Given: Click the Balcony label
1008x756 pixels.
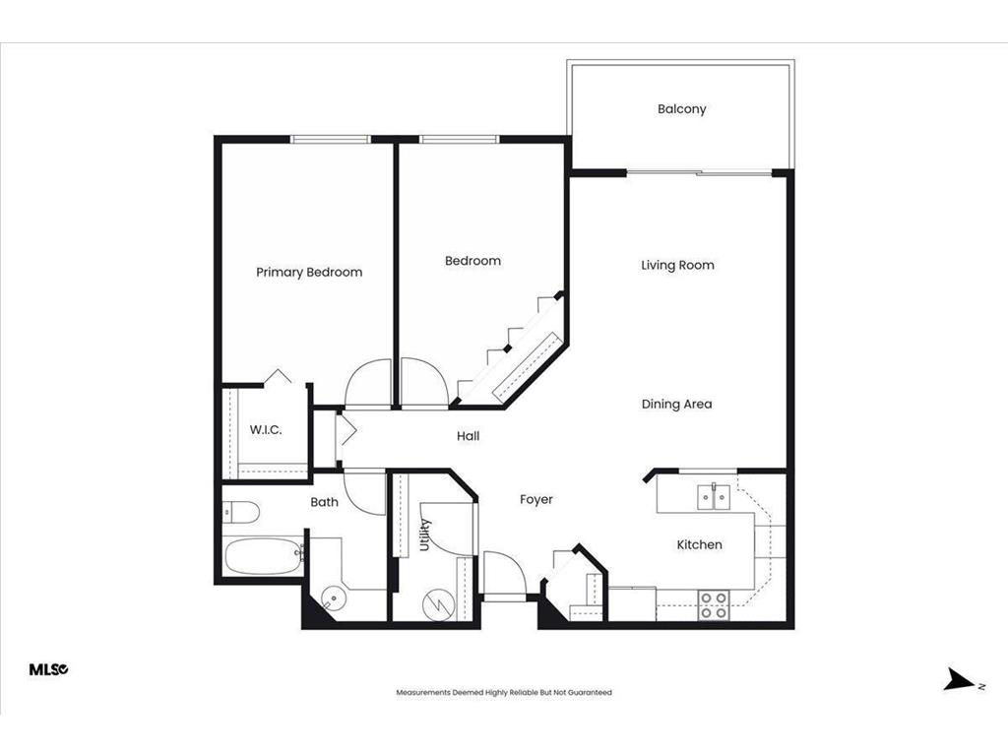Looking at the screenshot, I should (x=681, y=109).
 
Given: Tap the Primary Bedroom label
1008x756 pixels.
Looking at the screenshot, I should (x=309, y=272).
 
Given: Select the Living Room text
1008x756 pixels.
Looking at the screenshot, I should (x=677, y=265).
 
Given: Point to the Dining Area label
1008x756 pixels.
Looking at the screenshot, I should (x=676, y=404).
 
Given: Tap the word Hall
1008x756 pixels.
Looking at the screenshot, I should (x=469, y=435).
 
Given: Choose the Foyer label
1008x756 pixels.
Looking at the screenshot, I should (x=536, y=499).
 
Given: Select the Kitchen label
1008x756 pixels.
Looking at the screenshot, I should (x=699, y=544).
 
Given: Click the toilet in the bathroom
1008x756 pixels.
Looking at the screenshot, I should (x=240, y=511).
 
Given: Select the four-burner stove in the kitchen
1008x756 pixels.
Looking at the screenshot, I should (x=714, y=604).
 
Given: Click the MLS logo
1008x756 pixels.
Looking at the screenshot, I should (x=48, y=669).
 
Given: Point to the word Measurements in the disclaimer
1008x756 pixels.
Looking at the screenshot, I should (x=423, y=692).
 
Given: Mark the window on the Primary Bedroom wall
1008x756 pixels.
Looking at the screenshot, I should (x=331, y=139).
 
